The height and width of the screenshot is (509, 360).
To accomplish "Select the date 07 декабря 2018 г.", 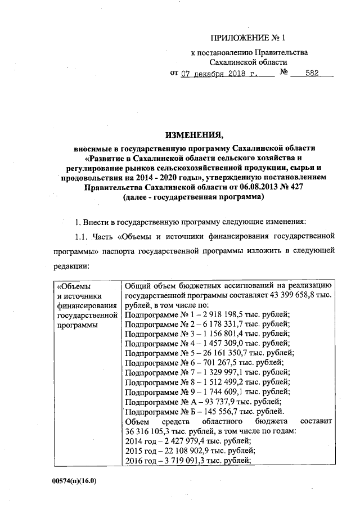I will coord(219,74).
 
